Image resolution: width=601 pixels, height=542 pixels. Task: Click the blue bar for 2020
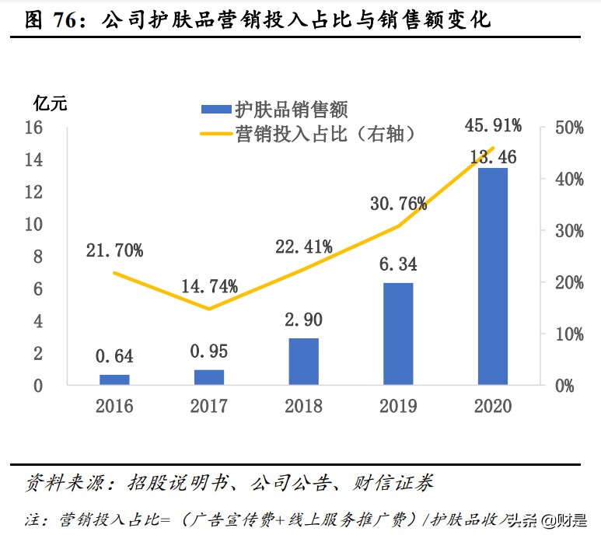pos(492,276)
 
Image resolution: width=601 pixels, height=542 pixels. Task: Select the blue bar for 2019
pos(398,334)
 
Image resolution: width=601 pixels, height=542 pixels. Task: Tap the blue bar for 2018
pos(303,361)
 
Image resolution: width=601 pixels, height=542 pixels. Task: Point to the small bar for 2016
pos(114,379)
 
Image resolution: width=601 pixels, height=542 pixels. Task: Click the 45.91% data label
pos(492,125)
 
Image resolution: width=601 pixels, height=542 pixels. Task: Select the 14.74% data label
pos(209,286)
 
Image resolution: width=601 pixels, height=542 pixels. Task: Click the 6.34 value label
pos(398,264)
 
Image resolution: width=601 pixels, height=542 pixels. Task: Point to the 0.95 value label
pos(209,351)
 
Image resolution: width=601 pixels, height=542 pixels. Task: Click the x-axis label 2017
pos(209,406)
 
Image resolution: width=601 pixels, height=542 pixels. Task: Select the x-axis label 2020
pos(492,406)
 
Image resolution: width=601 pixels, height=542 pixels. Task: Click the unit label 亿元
pos(51,102)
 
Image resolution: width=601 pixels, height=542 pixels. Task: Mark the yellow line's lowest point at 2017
pos(209,309)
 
